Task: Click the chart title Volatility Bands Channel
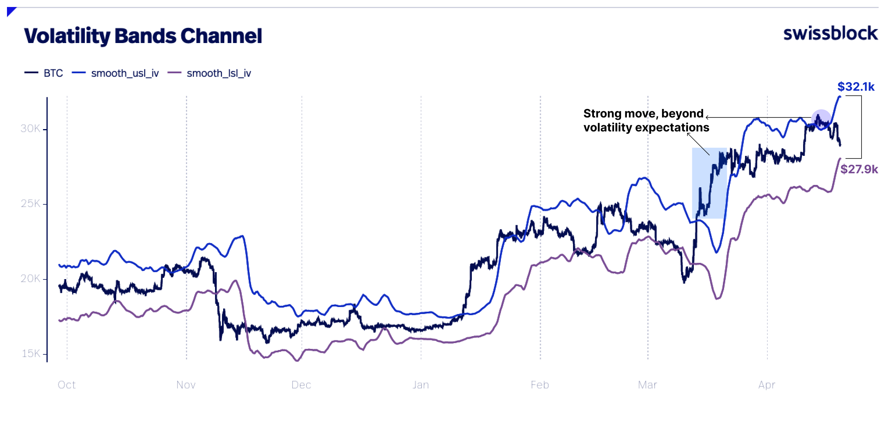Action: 143,36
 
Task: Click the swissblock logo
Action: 830,34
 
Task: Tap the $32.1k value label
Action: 855,86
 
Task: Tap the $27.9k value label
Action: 858,169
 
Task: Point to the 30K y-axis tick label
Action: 30,129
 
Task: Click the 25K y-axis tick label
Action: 30,204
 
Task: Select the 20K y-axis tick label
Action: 30,278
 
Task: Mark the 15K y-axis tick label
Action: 31,353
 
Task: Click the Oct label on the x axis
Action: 67,385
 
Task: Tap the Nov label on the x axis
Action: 186,385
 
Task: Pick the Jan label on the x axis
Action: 421,385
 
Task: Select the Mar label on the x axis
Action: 647,385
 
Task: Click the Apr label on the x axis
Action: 767,385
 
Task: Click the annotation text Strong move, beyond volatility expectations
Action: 646,121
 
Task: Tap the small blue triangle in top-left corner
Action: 10,11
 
